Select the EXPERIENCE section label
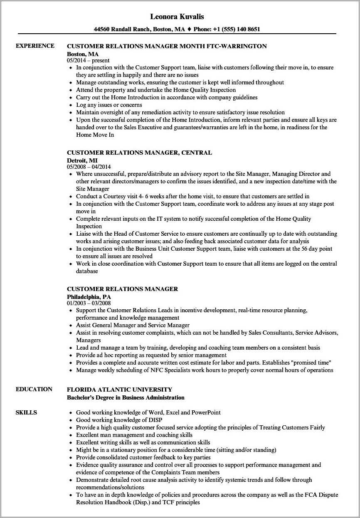pyautogui.click(x=35, y=46)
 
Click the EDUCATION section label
pyautogui.click(x=34, y=390)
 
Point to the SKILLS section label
pyautogui.click(x=26, y=413)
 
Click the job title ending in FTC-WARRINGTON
pyautogui.click(x=167, y=46)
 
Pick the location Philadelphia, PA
pyautogui.click(x=89, y=297)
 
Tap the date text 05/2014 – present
pyautogui.click(x=88, y=60)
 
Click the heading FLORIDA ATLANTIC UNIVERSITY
pyautogui.click(x=119, y=390)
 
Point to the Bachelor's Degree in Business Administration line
pyautogui.click(x=126, y=397)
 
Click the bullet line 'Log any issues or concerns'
pyautogui.click(x=109, y=105)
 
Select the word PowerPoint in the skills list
pyautogui.click(x=206, y=412)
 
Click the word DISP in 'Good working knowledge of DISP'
pyautogui.click(x=155, y=420)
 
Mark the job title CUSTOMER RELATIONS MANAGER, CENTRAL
pyautogui.click(x=139, y=153)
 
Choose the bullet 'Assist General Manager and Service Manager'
pyautogui.click(x=133, y=325)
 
